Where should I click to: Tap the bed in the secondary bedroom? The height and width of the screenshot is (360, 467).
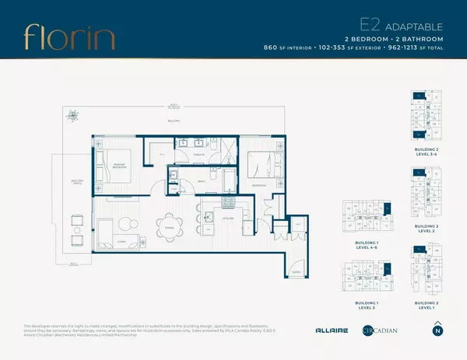click(259, 168)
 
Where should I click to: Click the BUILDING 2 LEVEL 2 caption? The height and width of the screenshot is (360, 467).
click(420, 229)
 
